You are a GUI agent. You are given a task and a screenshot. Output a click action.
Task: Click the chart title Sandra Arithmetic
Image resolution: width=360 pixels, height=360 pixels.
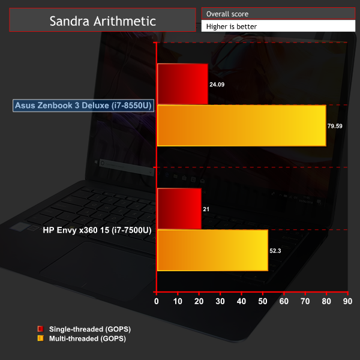click(x=103, y=21)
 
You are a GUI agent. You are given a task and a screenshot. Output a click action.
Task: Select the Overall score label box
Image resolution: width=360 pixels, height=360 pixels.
click(x=278, y=13)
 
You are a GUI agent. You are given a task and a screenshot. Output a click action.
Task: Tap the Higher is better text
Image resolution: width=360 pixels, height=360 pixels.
click(x=232, y=26)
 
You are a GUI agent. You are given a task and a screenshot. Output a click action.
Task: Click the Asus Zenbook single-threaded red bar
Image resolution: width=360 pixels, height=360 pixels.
click(x=182, y=84)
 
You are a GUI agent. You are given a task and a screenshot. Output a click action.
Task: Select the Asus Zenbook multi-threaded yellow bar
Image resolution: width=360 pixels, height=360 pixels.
click(x=242, y=125)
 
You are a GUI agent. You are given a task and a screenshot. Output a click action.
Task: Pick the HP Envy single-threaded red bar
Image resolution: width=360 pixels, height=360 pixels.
click(x=179, y=209)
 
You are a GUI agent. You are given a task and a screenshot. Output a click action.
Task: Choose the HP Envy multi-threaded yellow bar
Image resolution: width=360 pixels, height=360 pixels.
click(x=212, y=250)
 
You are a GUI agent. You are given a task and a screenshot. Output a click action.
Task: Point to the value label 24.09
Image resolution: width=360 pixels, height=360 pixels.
click(x=217, y=85)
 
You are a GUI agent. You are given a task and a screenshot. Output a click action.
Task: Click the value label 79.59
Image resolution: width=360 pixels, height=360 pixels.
click(x=335, y=126)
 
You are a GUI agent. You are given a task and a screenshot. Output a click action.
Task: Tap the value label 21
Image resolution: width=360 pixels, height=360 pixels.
click(x=206, y=209)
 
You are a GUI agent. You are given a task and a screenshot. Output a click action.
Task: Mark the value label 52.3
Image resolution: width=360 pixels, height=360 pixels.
click(x=275, y=251)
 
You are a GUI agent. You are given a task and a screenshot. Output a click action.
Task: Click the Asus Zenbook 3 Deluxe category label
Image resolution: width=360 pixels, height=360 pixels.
click(x=83, y=106)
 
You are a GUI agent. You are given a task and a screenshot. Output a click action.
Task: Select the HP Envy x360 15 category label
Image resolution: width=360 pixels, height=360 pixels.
click(x=97, y=230)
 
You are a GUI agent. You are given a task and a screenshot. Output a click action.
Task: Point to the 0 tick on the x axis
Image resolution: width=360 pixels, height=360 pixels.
click(x=157, y=301)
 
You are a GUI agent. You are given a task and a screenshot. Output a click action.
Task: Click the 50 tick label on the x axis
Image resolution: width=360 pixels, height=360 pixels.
click(x=263, y=301)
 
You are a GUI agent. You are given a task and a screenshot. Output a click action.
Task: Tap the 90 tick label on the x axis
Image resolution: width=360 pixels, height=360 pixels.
click(x=347, y=301)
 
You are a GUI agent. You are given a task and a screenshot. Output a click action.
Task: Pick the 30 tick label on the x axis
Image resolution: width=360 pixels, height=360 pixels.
click(x=220, y=301)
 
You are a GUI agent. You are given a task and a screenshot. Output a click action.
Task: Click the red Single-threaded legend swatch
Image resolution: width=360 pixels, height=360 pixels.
click(x=41, y=329)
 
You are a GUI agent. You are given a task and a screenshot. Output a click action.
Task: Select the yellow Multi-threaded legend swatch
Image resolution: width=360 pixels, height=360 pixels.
click(x=41, y=338)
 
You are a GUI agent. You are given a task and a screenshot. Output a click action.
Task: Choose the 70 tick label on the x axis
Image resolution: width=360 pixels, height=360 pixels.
click(x=305, y=301)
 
